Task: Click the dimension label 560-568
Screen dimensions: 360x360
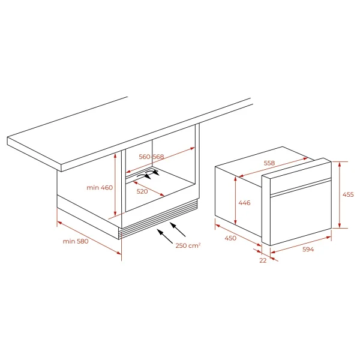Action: tap(151, 157)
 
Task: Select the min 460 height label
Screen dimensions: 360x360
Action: tap(100, 188)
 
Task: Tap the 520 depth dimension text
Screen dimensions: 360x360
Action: tap(142, 191)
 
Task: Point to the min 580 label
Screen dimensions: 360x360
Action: tap(76, 241)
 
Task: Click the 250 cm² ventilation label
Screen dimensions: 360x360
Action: tap(188, 245)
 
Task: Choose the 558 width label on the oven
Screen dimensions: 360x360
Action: tap(269, 163)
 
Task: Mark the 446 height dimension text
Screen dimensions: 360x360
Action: tap(245, 203)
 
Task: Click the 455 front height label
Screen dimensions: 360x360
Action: tap(348, 194)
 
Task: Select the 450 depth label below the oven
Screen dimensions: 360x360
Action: tap(230, 238)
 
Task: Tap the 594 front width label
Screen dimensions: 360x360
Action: tap(308, 249)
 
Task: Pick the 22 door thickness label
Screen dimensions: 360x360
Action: tap(263, 260)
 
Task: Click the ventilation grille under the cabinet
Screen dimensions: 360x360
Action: tap(158, 218)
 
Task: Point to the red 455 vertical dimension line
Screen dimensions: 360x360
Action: tap(340, 195)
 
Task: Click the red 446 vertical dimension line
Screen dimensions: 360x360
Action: tap(236, 200)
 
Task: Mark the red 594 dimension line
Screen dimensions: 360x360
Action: tap(301, 245)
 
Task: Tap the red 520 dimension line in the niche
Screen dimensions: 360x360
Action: tap(149, 189)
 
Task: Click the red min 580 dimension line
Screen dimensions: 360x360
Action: tap(89, 238)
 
